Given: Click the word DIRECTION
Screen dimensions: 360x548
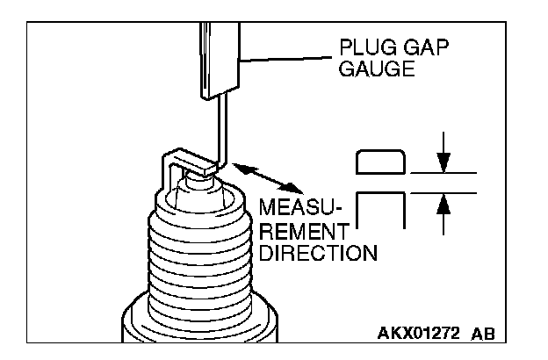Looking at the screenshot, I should tap(319, 254).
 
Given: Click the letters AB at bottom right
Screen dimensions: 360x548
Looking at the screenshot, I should tap(483, 334).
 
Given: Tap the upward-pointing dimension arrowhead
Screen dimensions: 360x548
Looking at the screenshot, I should tap(443, 202).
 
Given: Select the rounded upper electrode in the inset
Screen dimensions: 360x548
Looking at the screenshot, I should tap(380, 162).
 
